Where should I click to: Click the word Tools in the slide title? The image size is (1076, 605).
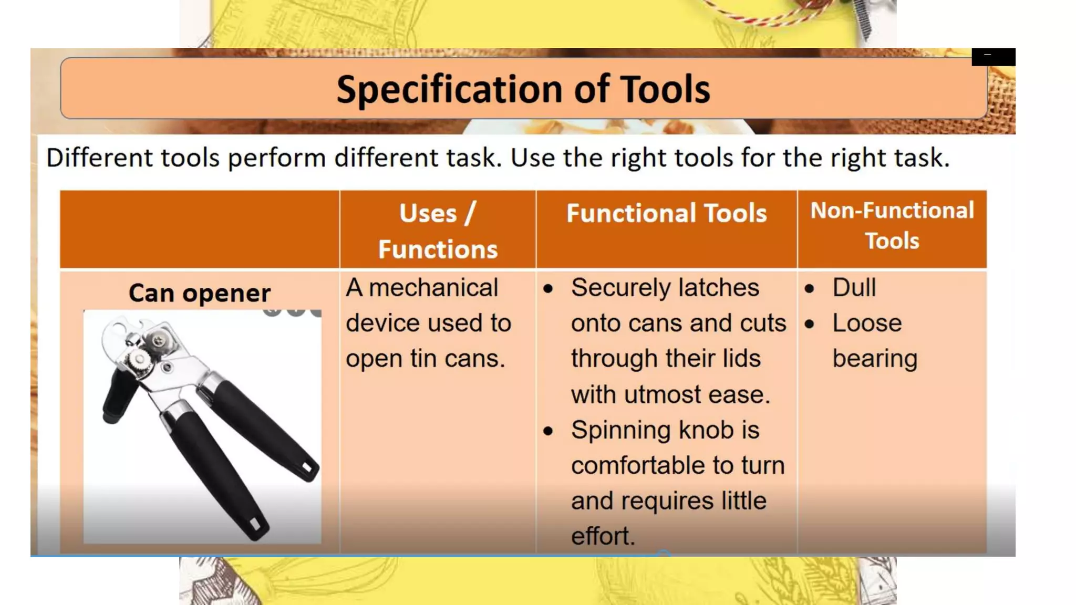(x=665, y=89)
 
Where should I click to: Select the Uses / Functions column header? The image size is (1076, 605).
(x=437, y=231)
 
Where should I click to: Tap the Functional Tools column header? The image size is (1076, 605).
(x=666, y=213)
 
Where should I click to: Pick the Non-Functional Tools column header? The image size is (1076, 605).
(x=892, y=225)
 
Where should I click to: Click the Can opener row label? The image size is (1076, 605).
(x=200, y=293)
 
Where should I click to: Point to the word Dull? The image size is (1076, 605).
(x=854, y=288)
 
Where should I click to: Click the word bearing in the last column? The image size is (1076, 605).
(x=875, y=359)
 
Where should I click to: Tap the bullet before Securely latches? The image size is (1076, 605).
(x=548, y=289)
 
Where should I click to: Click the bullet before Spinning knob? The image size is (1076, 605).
(x=548, y=431)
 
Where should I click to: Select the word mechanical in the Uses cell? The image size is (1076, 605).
(x=433, y=288)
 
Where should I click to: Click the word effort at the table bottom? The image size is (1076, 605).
(x=602, y=536)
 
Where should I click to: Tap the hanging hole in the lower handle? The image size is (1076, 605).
(x=257, y=524)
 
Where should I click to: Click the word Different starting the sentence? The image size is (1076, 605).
(x=99, y=158)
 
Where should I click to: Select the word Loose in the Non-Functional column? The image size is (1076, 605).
(x=867, y=323)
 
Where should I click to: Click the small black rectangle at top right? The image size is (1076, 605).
(x=993, y=57)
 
